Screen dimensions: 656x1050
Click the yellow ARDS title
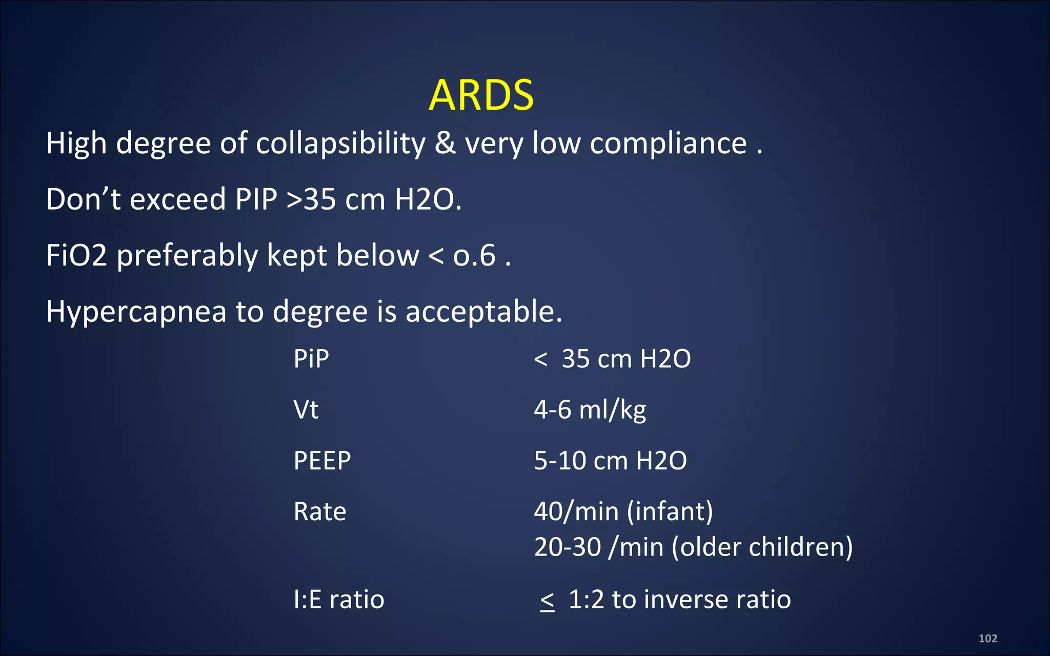[481, 95]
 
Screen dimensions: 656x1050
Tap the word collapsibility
[340, 143]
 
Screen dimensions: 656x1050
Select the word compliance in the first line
[668, 143]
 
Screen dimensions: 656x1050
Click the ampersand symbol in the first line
[445, 143]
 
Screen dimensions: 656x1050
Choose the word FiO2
[76, 255]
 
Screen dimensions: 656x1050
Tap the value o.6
[474, 255]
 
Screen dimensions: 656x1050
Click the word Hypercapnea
[136, 312]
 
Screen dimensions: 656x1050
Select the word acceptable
[483, 312]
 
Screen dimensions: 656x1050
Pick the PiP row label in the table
[311, 358]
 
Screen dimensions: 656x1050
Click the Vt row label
[306, 409]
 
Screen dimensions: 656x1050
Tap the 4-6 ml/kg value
[590, 409]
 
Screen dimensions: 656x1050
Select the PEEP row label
[322, 460]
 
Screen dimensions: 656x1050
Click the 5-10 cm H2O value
[610, 460]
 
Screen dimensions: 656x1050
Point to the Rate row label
[320, 511]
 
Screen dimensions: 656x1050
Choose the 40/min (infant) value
[623, 511]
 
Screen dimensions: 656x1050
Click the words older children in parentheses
[762, 547]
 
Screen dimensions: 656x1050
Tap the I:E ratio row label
[339, 599]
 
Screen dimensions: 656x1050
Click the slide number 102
[988, 639]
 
